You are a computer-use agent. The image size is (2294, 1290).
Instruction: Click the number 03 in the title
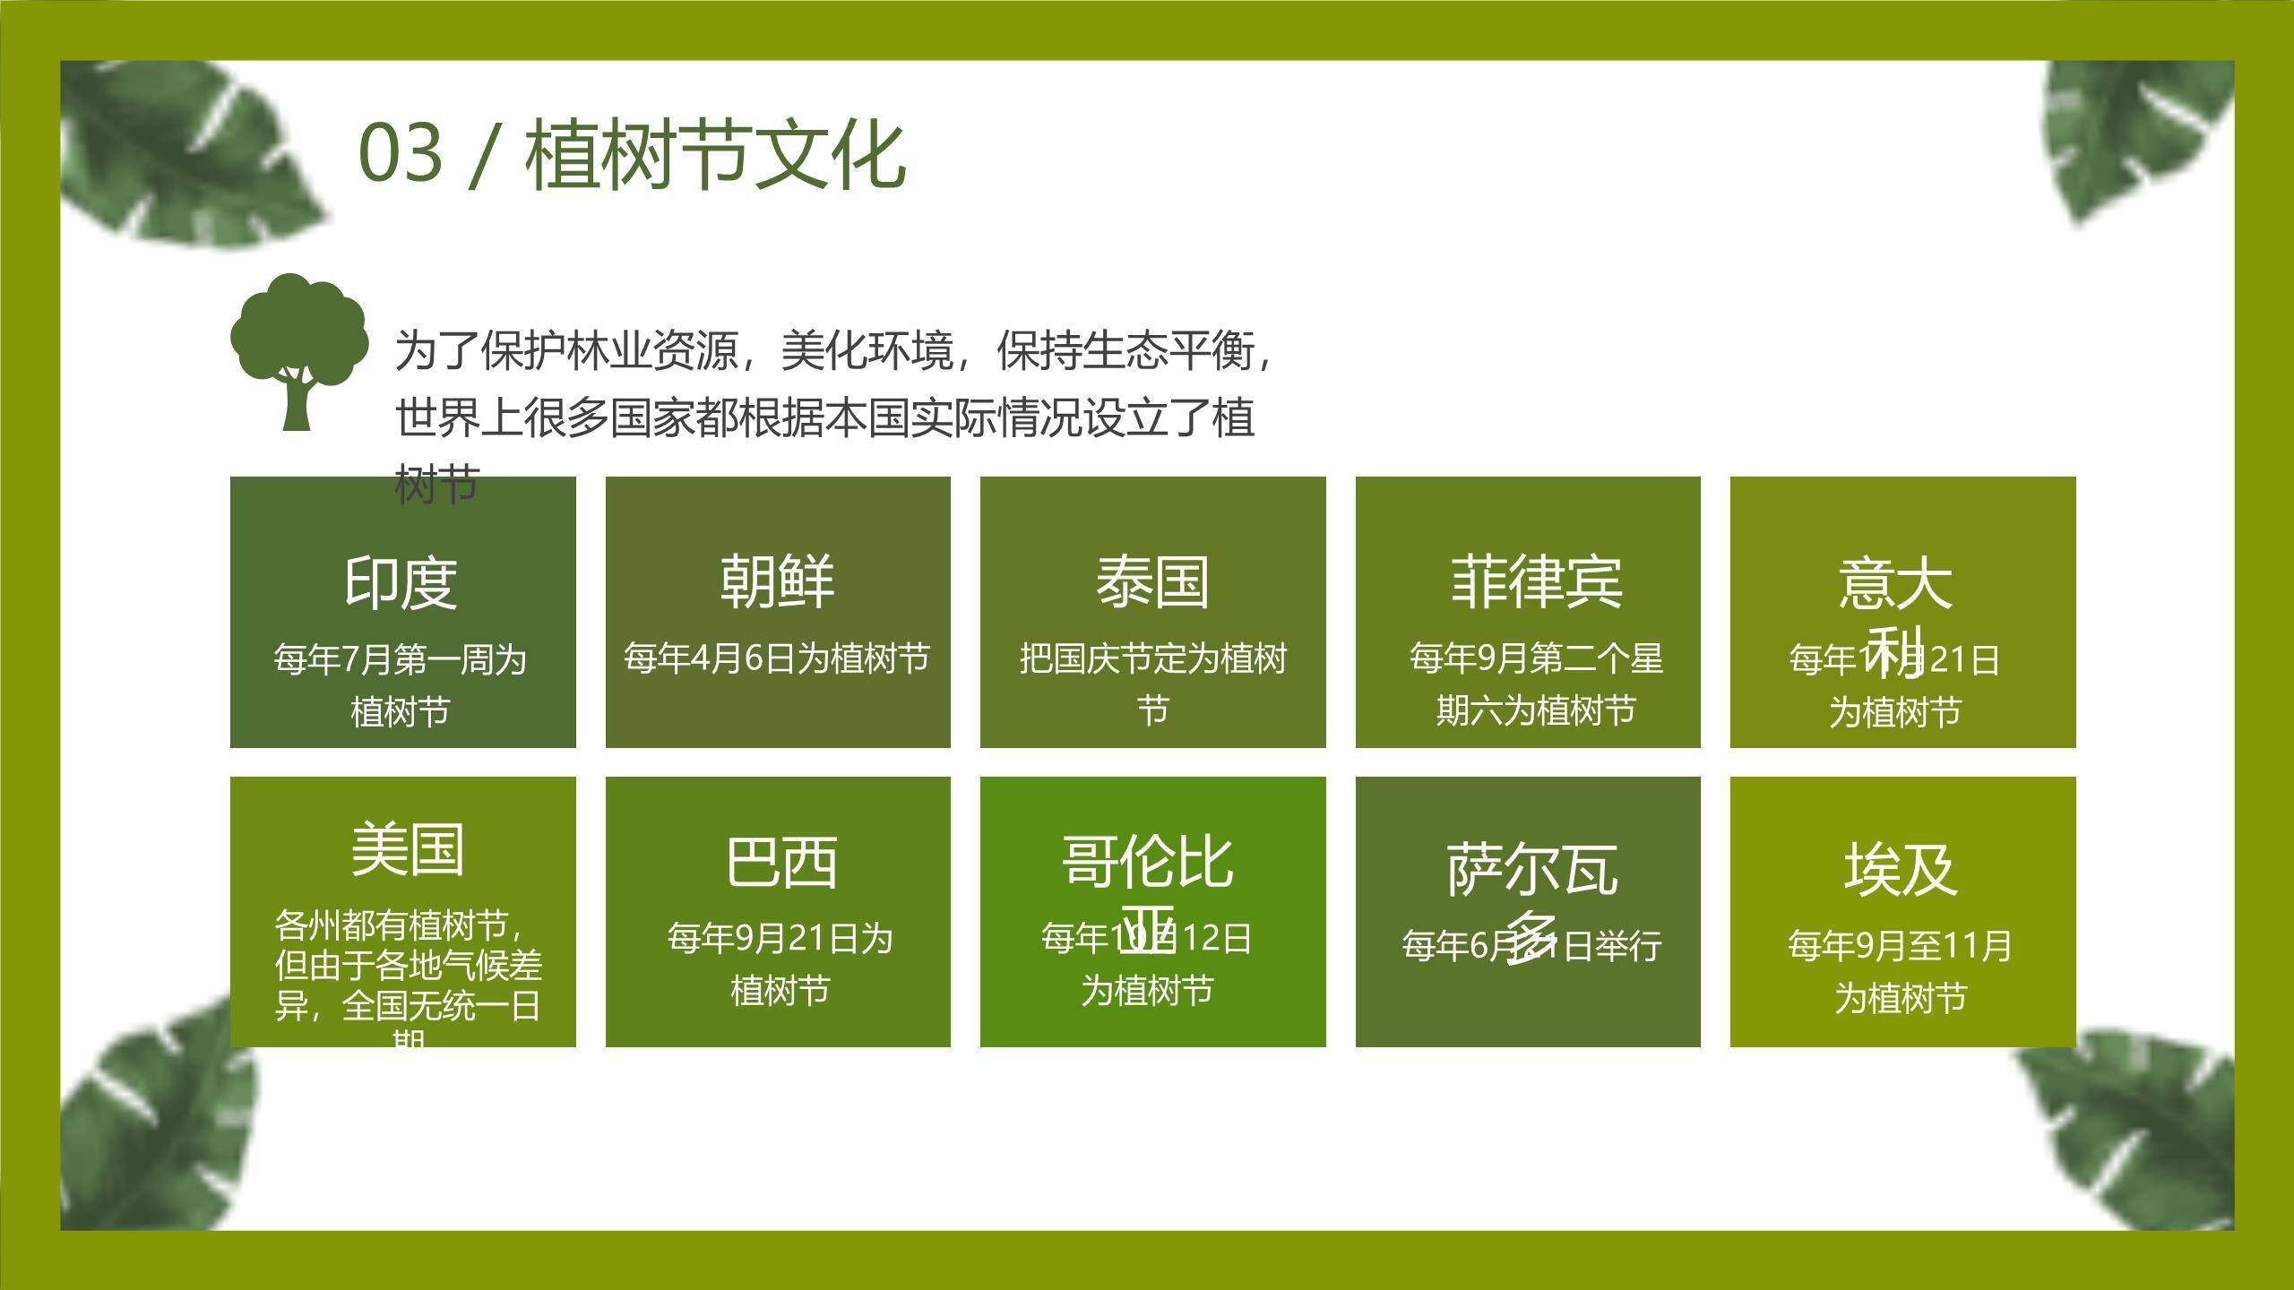401,153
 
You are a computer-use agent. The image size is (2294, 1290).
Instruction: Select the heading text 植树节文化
715,155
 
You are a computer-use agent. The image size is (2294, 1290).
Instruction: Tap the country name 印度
401,582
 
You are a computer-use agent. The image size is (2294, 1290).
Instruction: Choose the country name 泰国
1152,582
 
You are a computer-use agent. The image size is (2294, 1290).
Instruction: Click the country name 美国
408,849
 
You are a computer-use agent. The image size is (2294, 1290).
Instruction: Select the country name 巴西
780,863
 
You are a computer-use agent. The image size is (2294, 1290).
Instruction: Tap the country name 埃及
1900,868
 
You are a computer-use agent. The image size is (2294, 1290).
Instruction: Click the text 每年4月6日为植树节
777,658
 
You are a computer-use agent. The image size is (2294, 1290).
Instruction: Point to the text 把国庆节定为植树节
1152,684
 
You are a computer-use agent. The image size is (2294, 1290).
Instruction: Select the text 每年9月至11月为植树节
1900,971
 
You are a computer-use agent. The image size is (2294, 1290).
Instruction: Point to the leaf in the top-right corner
2142,134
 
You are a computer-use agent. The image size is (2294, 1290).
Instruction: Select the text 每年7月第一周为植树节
401,685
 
